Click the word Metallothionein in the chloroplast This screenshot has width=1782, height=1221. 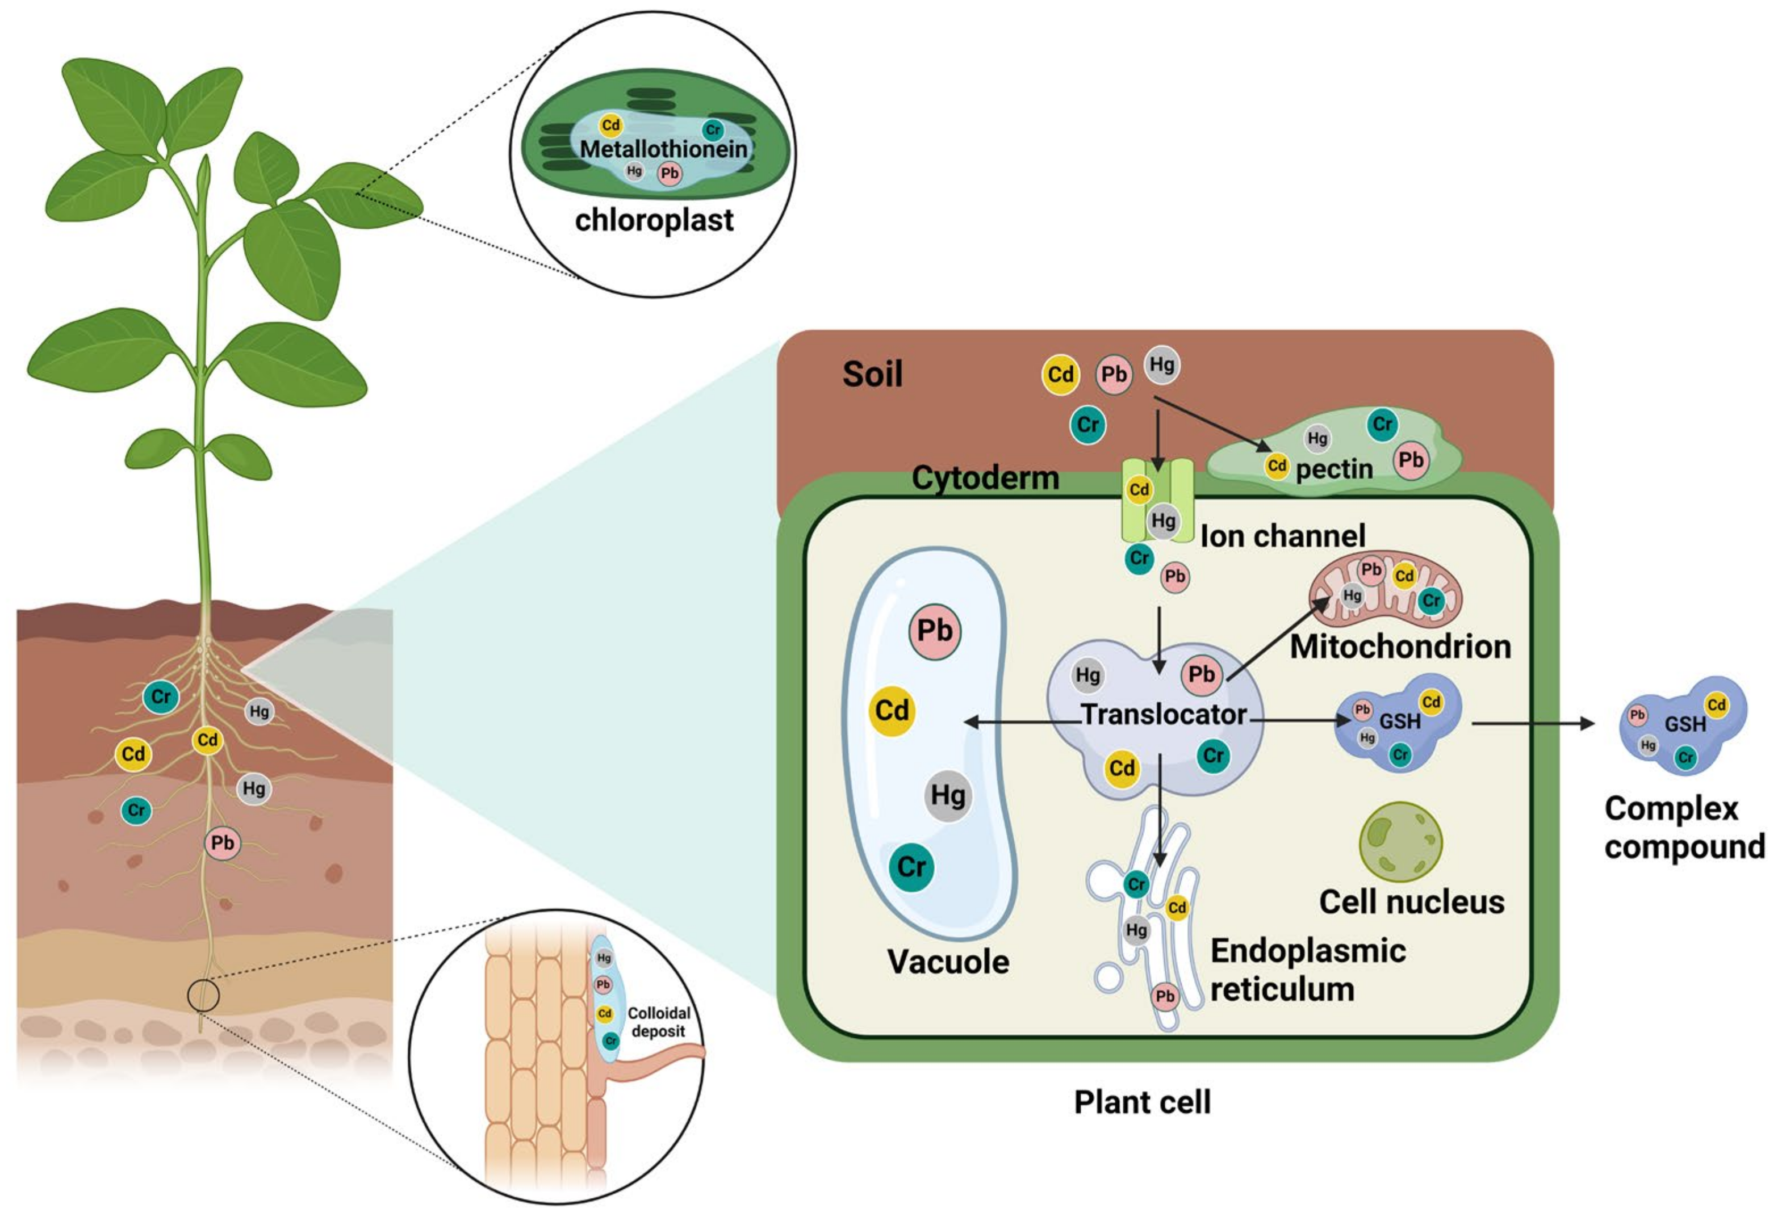coord(663,149)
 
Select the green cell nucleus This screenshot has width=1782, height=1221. coord(1400,842)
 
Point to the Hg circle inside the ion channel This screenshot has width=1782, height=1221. coord(1162,521)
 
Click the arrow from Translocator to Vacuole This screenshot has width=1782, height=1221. coord(1020,721)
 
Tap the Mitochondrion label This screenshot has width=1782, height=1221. coord(1400,647)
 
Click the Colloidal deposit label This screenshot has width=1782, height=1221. coord(658,1022)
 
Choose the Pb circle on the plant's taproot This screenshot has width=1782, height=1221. coord(223,843)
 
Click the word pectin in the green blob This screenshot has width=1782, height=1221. coord(1333,469)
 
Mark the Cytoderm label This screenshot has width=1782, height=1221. coord(985,479)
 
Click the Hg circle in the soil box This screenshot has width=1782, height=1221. coord(1162,365)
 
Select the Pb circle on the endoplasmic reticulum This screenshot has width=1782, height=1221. coord(1165,996)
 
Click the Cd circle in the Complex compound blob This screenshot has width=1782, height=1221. coord(1716,704)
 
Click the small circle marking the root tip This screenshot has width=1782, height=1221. coord(203,996)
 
